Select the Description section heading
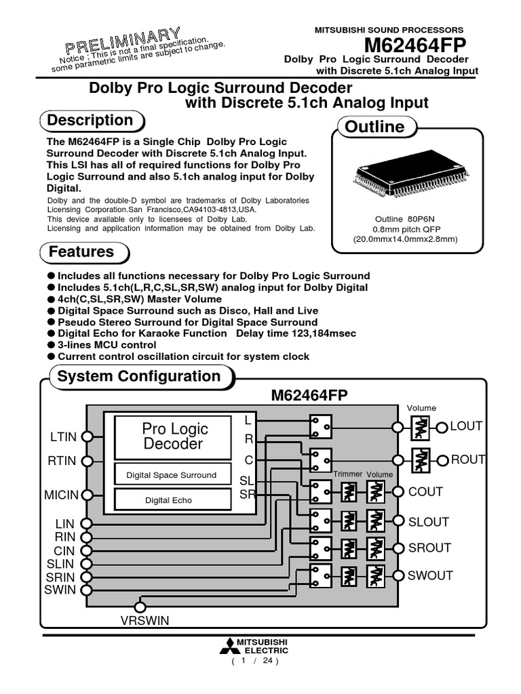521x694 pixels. [x=90, y=121]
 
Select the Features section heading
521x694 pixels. [x=81, y=252]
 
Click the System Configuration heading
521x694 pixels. [x=139, y=376]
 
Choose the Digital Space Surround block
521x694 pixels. [x=171, y=475]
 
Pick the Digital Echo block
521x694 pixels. [x=168, y=500]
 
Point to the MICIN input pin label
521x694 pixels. [x=62, y=495]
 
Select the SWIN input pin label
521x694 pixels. [x=59, y=590]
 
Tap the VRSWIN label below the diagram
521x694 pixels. [x=144, y=620]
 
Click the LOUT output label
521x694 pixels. [x=466, y=426]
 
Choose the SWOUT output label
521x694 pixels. [x=430, y=576]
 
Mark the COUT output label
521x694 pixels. [x=425, y=492]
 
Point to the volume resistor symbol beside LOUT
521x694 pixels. [x=421, y=426]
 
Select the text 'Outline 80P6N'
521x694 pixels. [x=405, y=219]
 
